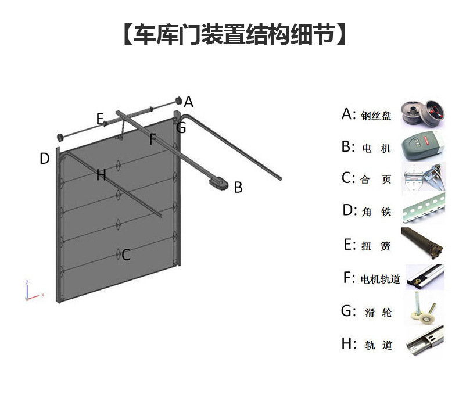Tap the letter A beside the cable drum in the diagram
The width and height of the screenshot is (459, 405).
click(188, 102)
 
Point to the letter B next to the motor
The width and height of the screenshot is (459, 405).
click(238, 188)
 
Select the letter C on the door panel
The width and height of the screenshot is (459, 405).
click(126, 255)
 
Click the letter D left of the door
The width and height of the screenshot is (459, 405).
click(44, 159)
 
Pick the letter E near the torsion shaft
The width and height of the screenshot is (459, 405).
click(100, 120)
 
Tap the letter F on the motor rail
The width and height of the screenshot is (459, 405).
click(153, 139)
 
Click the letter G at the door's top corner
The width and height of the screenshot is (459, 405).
click(181, 128)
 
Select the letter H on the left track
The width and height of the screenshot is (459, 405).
click(101, 175)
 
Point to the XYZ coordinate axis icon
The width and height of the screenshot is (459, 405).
click(32, 292)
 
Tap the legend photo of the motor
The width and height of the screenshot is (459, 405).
click(424, 145)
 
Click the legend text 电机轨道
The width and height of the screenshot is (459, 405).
click(380, 279)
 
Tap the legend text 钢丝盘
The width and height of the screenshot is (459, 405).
click(376, 116)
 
